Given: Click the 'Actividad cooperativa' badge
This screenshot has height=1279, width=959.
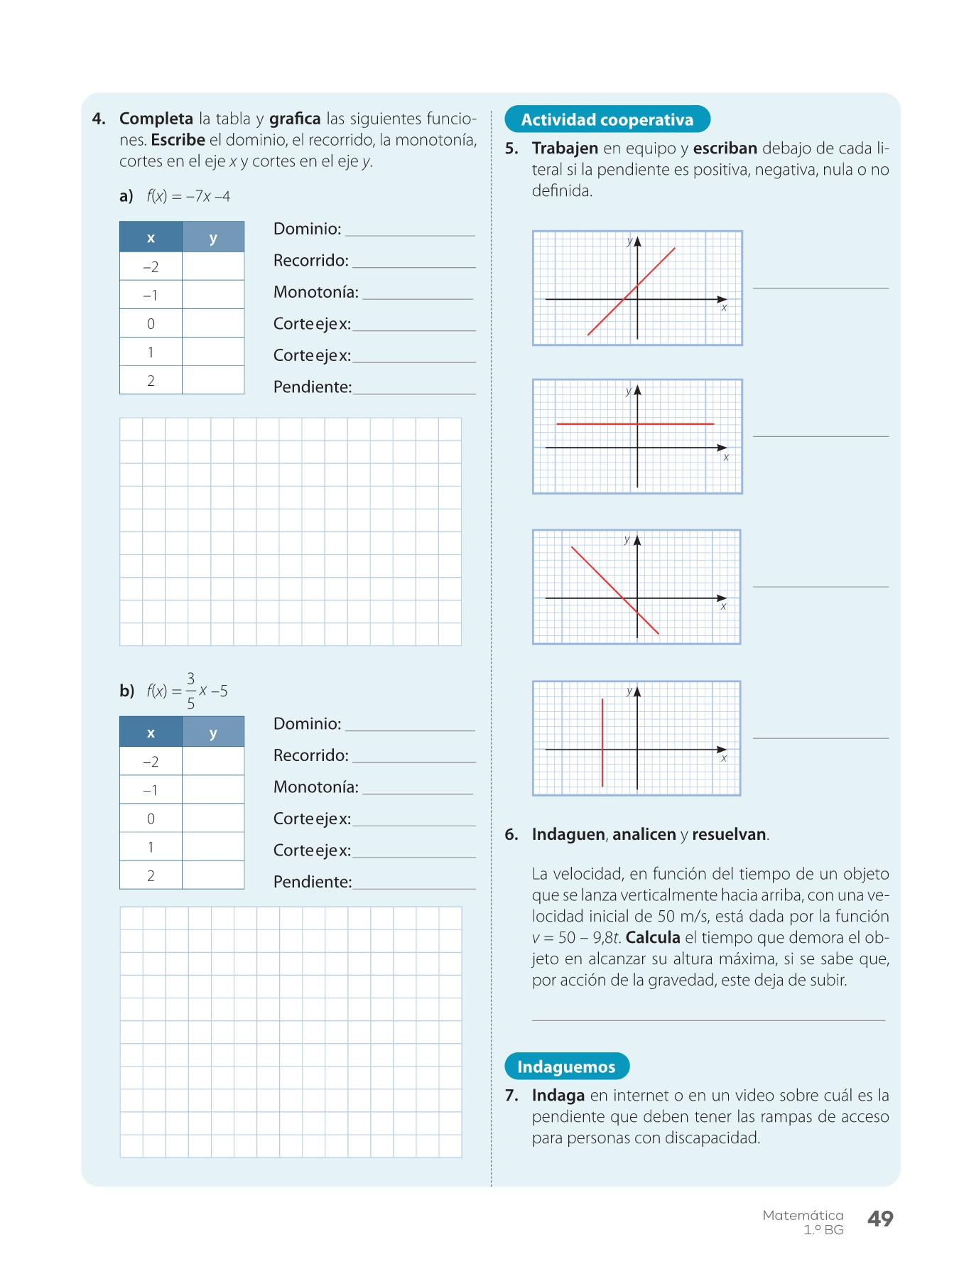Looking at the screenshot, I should pyautogui.click(x=607, y=119).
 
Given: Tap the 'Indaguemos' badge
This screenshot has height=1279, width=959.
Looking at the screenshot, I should pyautogui.click(x=566, y=1067).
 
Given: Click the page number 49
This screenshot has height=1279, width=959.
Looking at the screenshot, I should pyautogui.click(x=880, y=1219).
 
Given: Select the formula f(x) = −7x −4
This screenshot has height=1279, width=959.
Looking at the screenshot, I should pyautogui.click(x=188, y=196).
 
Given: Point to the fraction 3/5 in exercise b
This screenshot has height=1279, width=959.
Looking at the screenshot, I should pyautogui.click(x=190, y=691).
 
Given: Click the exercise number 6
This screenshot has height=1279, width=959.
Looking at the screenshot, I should pyautogui.click(x=511, y=834).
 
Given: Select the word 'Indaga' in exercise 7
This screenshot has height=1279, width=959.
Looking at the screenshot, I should pyautogui.click(x=558, y=1095).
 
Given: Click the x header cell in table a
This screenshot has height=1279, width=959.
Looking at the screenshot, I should pyautogui.click(x=151, y=237).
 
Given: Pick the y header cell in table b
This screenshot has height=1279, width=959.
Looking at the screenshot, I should pyautogui.click(x=213, y=733).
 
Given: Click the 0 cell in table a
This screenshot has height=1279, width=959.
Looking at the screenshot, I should pyautogui.click(x=151, y=324).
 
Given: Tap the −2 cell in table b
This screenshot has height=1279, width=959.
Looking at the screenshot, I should pyautogui.click(x=151, y=762).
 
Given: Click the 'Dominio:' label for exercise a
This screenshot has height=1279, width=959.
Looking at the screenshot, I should pyautogui.click(x=307, y=229).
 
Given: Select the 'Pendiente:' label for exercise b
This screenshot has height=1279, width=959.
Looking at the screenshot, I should pyautogui.click(x=313, y=882).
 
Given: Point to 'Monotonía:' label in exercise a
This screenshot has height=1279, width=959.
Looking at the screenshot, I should pyautogui.click(x=316, y=292).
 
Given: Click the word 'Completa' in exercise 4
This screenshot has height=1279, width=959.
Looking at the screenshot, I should pyautogui.click(x=156, y=119).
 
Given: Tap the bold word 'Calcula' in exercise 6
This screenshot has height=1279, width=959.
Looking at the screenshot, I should pyautogui.click(x=653, y=937).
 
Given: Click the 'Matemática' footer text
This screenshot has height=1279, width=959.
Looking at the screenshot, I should pyautogui.click(x=803, y=1216).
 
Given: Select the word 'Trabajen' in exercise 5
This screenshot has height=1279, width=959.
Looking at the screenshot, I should pyautogui.click(x=565, y=149).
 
